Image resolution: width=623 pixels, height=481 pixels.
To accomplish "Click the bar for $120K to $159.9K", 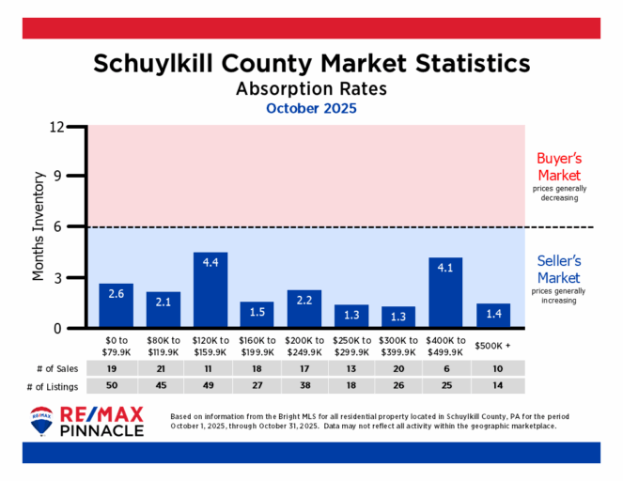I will (x=210, y=290).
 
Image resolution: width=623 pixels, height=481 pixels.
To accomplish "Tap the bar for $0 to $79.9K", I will (x=117, y=305).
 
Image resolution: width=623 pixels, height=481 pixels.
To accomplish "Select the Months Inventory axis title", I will (x=39, y=226).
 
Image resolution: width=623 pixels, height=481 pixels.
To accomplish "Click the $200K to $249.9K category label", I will (x=304, y=345).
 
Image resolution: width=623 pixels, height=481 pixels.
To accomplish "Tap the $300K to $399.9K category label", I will (x=398, y=345).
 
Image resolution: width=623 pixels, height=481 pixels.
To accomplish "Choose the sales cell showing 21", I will (x=164, y=368).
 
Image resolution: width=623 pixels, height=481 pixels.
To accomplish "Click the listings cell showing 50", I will (x=117, y=386).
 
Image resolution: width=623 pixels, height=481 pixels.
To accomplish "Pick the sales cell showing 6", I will (x=445, y=368).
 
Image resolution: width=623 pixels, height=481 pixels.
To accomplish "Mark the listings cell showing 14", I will (x=492, y=386).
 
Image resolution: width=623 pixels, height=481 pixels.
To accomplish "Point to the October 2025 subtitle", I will (x=311, y=108).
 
